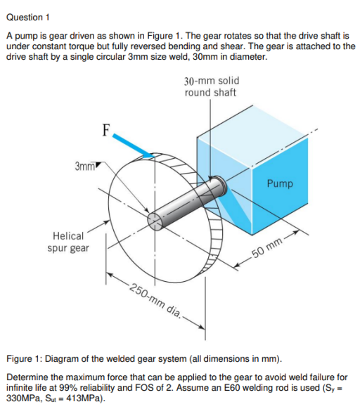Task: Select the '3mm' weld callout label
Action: (84, 166)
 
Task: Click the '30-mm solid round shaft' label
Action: (210, 87)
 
